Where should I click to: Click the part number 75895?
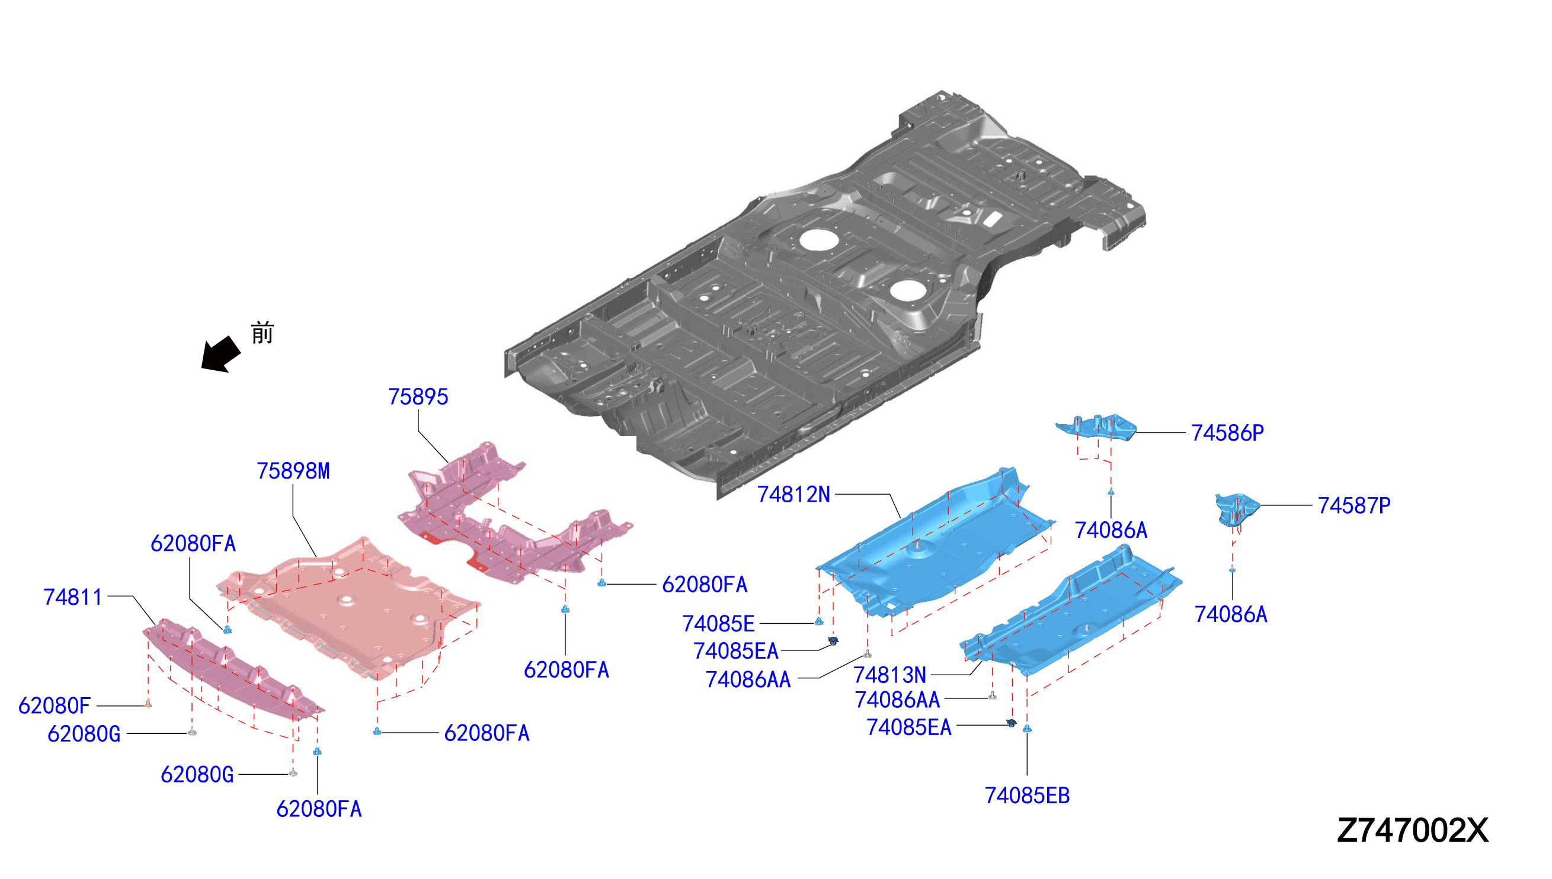418,397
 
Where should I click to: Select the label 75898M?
293,471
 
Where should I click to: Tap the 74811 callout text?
72,597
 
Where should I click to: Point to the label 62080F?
55,705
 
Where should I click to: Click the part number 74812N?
793,495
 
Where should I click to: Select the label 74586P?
1227,433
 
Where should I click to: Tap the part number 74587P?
1354,505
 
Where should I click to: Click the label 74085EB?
1026,795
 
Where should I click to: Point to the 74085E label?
718,624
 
